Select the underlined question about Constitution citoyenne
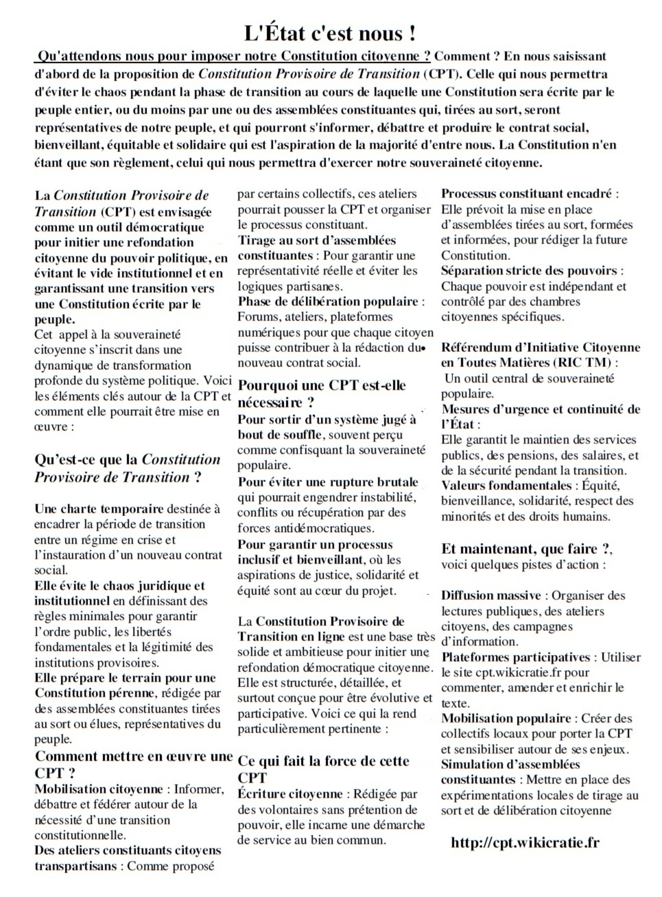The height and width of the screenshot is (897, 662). pos(232,56)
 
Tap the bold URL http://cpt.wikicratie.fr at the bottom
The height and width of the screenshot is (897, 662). pos(525,842)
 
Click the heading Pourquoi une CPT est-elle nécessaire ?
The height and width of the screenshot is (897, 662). pos(321,394)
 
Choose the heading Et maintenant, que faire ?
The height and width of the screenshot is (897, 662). pos(526,548)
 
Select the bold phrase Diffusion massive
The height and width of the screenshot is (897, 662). pos(491,595)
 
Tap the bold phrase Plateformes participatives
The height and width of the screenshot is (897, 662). pos(515,657)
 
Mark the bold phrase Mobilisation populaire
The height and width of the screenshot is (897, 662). pos(506,718)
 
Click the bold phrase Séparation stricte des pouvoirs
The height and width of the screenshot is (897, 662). pos(529,271)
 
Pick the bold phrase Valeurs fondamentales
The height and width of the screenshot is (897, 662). pos(506,485)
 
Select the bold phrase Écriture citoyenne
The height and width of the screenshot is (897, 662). pos(290,794)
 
